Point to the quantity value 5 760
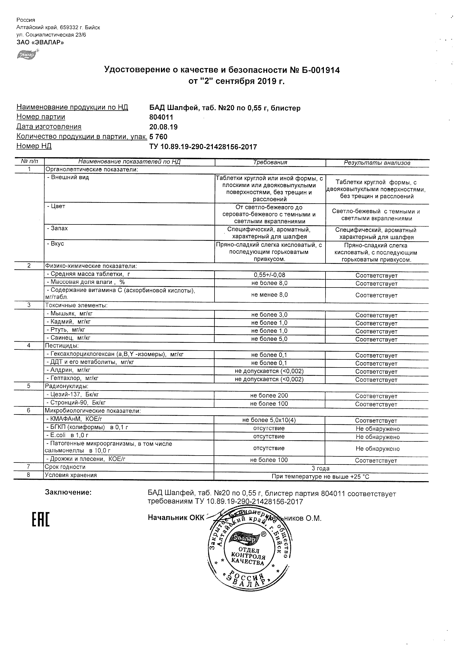(x=158, y=137)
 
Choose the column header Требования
(x=270, y=162)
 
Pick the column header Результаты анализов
(x=377, y=163)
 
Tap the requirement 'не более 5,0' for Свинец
(x=269, y=339)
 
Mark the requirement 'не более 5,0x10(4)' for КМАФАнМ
(x=269, y=420)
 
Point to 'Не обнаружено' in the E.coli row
(x=377, y=437)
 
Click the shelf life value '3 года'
(x=321, y=468)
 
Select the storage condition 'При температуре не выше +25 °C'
(x=321, y=477)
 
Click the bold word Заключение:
(x=68, y=492)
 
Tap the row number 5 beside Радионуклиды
(x=29, y=386)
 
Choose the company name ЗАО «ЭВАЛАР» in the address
(x=40, y=42)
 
